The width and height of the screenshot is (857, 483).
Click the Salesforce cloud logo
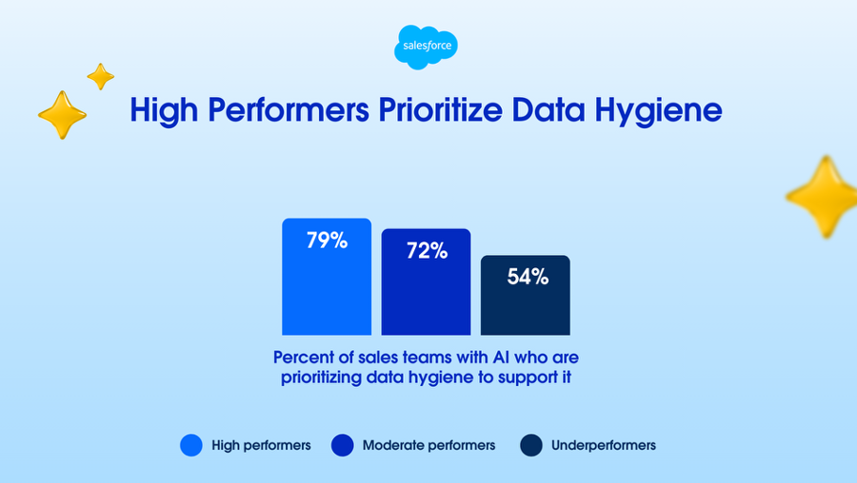pos(426,47)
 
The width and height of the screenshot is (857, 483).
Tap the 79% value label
pos(327,241)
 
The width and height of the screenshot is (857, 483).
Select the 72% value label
pos(427,250)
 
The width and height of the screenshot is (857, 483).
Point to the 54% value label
pos(528,277)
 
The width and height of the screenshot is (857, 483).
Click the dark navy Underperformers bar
pos(526,296)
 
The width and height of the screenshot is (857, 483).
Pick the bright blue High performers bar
pos(327,277)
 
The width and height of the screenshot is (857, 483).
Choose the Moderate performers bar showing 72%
pos(426,282)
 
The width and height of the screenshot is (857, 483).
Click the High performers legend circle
pos(191,445)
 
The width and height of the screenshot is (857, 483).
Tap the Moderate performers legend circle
pos(342,445)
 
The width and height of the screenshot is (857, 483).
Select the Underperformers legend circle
pos(531,445)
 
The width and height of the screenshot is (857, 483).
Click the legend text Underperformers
pos(604,445)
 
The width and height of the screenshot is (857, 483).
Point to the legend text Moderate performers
pos(429,445)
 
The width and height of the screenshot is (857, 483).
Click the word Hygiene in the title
pos(659,111)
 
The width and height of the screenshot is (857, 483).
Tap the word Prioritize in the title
pos(441,109)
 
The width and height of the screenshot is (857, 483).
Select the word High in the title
pos(164,111)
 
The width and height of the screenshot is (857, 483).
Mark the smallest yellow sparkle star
pos(101,76)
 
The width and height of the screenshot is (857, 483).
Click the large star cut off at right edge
pos(822,197)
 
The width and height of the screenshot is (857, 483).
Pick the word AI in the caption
pos(501,357)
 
